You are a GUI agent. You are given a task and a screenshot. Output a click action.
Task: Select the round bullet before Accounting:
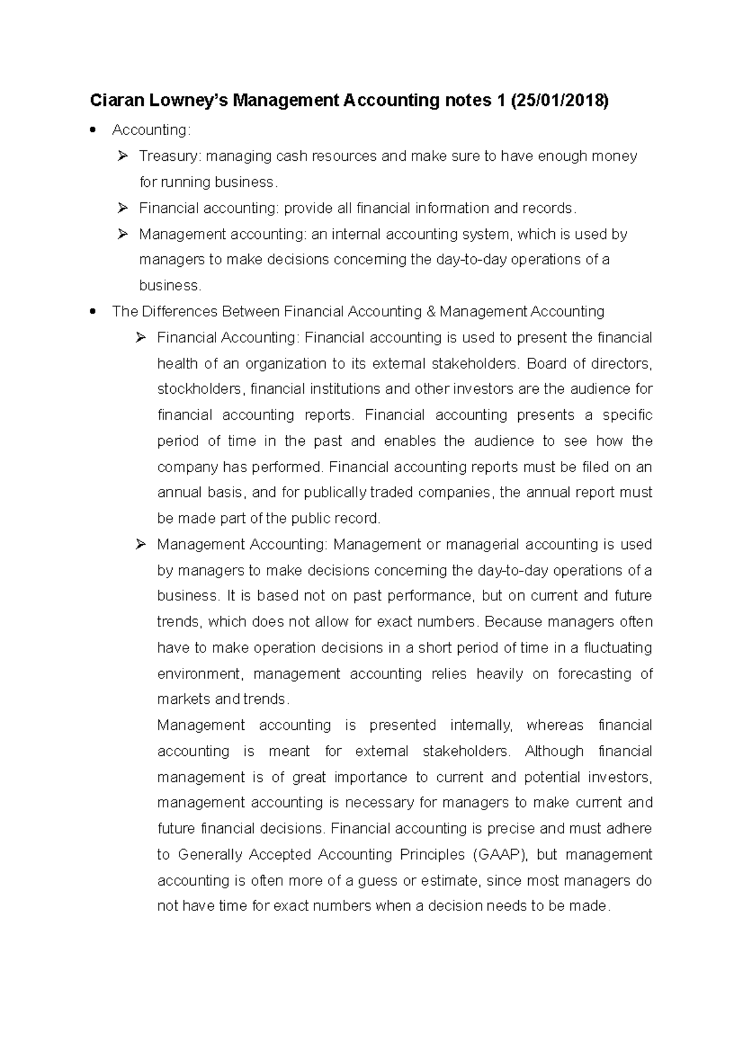(x=93, y=130)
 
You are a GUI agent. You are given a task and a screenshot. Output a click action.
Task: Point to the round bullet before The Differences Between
(x=93, y=311)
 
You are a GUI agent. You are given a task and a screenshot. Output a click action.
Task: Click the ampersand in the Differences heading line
(x=432, y=311)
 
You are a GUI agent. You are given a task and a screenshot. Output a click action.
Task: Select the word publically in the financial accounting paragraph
(x=335, y=493)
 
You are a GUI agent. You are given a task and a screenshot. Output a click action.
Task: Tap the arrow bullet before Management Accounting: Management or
(x=141, y=545)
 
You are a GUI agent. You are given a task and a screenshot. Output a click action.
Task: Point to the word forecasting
(x=594, y=674)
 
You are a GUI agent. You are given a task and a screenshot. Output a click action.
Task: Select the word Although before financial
(x=554, y=751)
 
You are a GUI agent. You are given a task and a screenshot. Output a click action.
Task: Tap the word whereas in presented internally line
(x=555, y=725)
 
